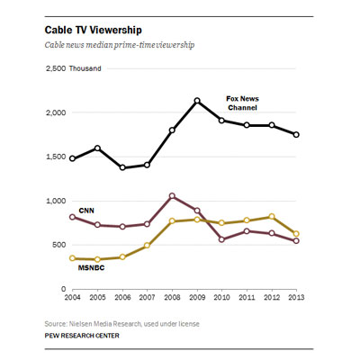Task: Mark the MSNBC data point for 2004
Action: (x=72, y=258)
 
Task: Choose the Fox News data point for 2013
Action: (x=297, y=135)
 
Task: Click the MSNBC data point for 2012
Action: (x=272, y=216)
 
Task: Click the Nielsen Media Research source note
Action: (x=124, y=321)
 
